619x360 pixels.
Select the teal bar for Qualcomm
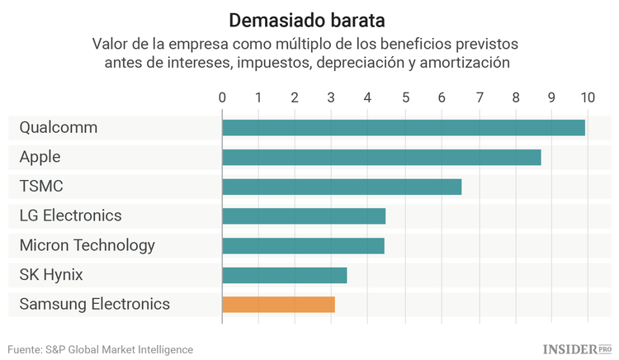coord(403,127)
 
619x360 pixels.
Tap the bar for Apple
coord(381,157)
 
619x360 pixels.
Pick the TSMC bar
coord(342,187)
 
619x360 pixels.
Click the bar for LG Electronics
coord(304,216)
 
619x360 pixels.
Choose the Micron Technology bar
coord(303,245)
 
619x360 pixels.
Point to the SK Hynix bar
coord(284,275)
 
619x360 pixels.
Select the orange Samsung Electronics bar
coord(278,304)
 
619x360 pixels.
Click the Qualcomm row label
coord(58,128)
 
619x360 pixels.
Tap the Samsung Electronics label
coord(94,305)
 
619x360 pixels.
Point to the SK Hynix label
coord(51,275)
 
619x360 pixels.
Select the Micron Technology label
coord(87,246)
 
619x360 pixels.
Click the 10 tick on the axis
coord(587,97)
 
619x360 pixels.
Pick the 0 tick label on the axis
coord(222,97)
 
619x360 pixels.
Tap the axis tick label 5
coord(405,97)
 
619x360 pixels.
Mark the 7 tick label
coord(479,97)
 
